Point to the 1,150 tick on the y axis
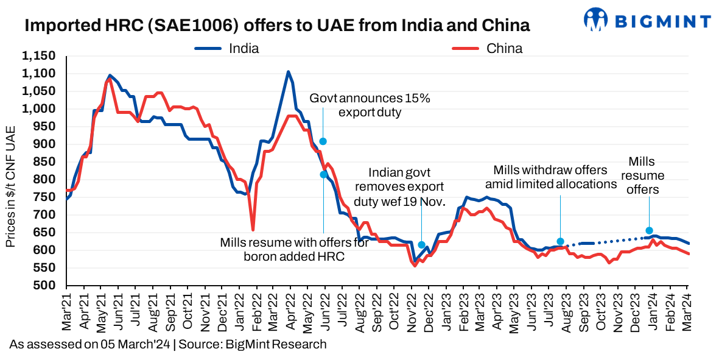[x=38, y=56]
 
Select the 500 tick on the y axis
[x=46, y=286]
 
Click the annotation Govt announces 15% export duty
[x=370, y=105]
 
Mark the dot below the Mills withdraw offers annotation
[x=560, y=241]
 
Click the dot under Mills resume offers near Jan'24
[x=649, y=231]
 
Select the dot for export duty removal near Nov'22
[x=421, y=245]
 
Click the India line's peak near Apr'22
[x=288, y=72]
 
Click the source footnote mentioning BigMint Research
[x=167, y=344]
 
